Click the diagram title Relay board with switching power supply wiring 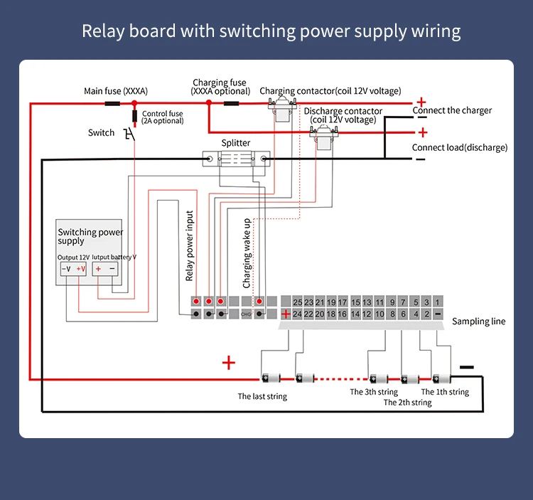271,31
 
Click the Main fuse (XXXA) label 116,91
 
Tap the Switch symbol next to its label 129,134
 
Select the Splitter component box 235,159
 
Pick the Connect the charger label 452,110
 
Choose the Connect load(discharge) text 460,147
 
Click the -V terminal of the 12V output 65,269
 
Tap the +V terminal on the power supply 81,269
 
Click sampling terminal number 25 298,302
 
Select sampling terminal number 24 298,314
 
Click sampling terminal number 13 368,302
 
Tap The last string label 262,396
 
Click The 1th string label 445,392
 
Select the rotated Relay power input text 190,246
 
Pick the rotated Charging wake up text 247,253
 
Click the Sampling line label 479,321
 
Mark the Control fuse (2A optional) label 163,117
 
